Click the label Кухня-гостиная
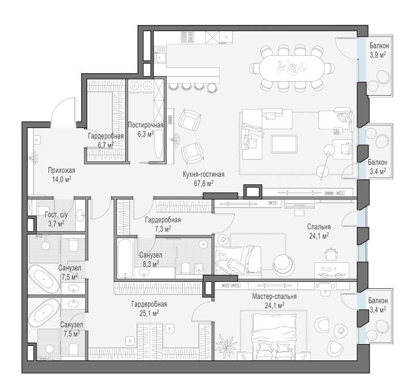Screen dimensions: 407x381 coord(203,175)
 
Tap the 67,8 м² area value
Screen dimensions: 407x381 coord(203,183)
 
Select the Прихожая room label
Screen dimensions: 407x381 coord(62,171)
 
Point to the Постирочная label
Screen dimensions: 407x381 coord(146,125)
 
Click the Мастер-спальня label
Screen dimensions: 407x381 coord(274,296)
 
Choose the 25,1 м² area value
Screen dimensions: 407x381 coord(149,313)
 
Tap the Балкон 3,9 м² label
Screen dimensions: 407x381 coord(379,50)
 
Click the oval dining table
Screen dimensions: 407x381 coord(292,68)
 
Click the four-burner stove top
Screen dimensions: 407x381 coord(187,37)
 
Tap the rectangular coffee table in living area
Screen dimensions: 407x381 coord(284,144)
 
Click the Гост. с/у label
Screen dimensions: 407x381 coord(56,215)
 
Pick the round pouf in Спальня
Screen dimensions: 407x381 coord(284,265)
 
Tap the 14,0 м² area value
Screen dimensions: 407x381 coord(62,179)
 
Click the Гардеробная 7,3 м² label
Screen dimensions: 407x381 coord(163,224)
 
